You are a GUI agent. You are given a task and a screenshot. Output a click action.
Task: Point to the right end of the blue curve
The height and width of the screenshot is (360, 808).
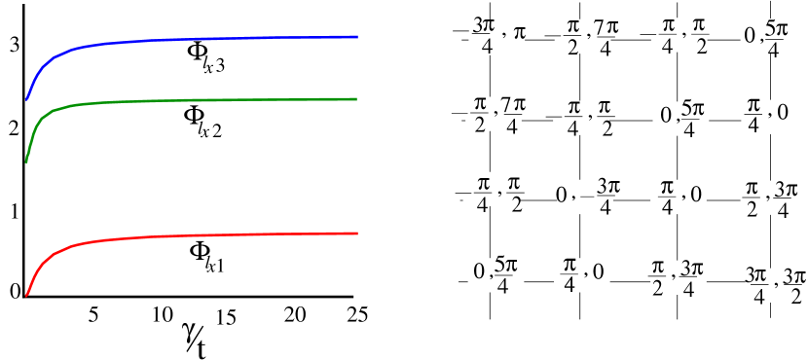point(357,36)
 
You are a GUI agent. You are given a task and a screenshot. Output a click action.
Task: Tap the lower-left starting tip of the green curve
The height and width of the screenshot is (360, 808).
point(26,161)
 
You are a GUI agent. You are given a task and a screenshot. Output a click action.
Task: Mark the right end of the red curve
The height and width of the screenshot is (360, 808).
point(357,233)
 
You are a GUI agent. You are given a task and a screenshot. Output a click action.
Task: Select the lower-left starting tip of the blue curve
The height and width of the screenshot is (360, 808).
point(26,99)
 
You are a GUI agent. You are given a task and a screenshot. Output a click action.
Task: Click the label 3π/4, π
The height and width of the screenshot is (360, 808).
point(497,37)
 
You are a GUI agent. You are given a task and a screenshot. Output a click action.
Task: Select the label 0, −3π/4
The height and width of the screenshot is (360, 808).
point(585,195)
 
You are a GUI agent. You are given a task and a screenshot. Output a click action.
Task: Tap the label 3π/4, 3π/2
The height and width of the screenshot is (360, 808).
point(775,284)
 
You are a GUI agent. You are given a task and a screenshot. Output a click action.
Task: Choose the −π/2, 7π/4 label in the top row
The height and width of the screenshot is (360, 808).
point(582,38)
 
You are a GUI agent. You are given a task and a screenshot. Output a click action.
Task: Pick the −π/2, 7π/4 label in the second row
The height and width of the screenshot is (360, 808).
point(494,114)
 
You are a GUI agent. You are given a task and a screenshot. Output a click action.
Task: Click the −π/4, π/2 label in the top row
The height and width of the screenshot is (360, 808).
point(679,37)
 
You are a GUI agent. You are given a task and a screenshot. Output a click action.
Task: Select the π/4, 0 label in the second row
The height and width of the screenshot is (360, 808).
point(764,113)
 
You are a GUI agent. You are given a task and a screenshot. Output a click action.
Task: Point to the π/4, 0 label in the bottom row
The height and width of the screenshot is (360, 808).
point(581,275)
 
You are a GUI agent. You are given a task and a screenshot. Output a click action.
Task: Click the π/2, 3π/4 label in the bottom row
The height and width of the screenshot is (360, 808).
point(678,275)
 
